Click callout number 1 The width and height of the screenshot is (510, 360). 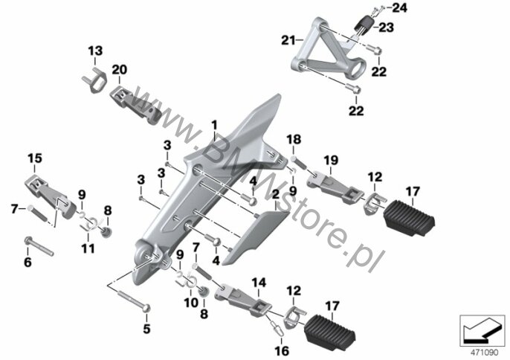coord(214,125)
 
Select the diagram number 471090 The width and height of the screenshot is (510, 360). coord(485,353)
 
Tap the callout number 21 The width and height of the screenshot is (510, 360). coord(288,41)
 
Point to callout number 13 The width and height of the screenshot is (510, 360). coord(95,51)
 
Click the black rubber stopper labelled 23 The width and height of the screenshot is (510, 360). coord(364,24)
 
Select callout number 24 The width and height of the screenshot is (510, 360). coord(399,8)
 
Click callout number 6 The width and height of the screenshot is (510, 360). coord(28,262)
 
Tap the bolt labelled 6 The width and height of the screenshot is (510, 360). coord(39,246)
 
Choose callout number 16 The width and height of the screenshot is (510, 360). coord(282,351)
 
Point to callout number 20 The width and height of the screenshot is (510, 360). coord(120,70)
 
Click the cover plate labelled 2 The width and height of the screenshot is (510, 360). coord(255,237)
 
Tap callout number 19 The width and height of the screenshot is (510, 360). coord(331,161)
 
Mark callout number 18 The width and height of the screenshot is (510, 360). coord(294,140)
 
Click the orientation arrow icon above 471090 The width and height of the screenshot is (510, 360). coord(482,330)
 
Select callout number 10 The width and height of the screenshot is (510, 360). coord(191,303)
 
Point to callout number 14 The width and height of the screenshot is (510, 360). coord(259,283)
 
